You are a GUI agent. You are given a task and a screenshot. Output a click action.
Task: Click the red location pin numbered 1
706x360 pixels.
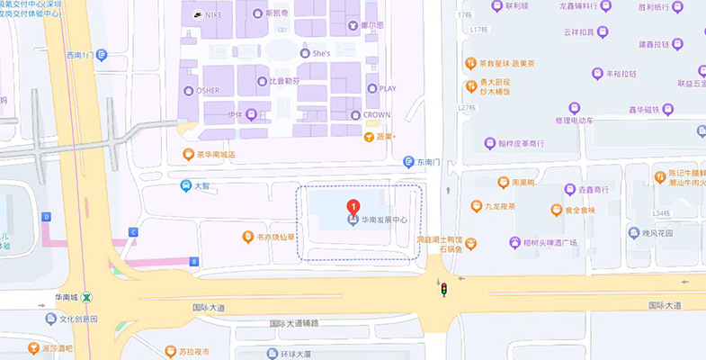pos(353,206)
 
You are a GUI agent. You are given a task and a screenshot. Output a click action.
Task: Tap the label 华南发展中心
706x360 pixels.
pos(384,219)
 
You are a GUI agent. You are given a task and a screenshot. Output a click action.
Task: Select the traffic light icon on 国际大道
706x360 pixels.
pos(442,288)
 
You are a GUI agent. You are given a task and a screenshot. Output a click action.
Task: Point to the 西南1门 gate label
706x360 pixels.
pos(80,55)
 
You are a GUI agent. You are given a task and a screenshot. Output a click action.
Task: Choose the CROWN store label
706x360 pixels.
pos(375,115)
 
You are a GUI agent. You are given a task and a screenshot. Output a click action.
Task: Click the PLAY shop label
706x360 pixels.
pos(387,88)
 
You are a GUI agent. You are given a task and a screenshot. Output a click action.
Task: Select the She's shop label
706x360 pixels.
pos(321,54)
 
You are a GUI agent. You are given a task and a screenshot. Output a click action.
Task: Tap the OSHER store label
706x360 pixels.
pos(208,90)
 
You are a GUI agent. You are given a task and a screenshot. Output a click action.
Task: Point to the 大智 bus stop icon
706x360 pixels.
pos(185,185)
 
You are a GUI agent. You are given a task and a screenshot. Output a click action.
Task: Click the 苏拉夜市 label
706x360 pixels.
pos(193,351)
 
